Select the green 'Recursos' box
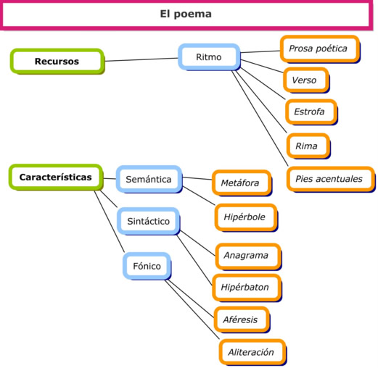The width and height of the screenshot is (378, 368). pos(57,62)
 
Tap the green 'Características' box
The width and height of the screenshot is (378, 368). pos(55,177)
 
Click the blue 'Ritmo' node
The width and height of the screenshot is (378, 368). pos(209,57)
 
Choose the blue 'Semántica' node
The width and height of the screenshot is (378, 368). pos(148,179)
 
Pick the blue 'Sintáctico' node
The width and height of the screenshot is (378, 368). pos(148,221)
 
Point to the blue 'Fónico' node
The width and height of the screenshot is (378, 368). pos(147,266)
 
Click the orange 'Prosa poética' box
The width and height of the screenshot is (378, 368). pos(318,49)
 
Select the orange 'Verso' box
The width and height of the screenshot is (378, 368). pos(303,80)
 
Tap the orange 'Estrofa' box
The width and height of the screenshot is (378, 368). pos(310,112)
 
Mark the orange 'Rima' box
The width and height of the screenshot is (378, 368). pos(306,146)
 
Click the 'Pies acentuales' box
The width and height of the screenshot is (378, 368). pos(329,179)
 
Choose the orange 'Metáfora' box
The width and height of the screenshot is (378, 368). pos(240,183)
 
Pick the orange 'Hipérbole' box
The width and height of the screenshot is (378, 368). pos(244,217)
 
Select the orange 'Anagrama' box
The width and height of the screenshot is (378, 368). pos(246,256)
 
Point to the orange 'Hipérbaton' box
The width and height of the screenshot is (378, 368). pos(245,288)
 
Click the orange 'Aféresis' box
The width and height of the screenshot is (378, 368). pos(240,319)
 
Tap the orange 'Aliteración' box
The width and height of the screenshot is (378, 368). pos(251,352)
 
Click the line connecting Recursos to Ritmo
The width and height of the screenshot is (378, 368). pos(141,59)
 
